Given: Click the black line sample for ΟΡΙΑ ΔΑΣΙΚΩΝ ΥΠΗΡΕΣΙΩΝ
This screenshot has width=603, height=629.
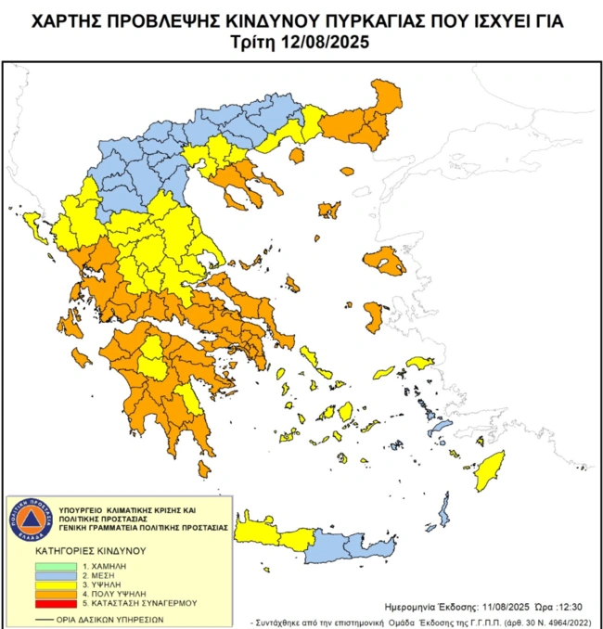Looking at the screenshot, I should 44,618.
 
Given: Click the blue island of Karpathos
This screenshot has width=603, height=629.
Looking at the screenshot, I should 444,511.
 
